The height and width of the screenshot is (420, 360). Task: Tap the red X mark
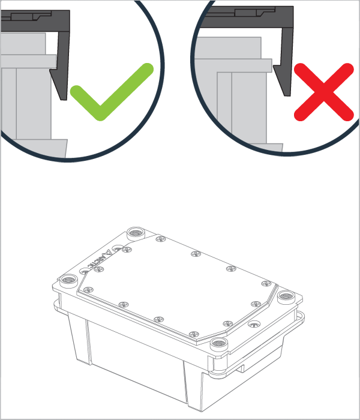(x=323, y=92)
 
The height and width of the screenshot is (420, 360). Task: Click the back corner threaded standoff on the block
(x=135, y=232)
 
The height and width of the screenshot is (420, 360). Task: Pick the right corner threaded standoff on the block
(x=285, y=296)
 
